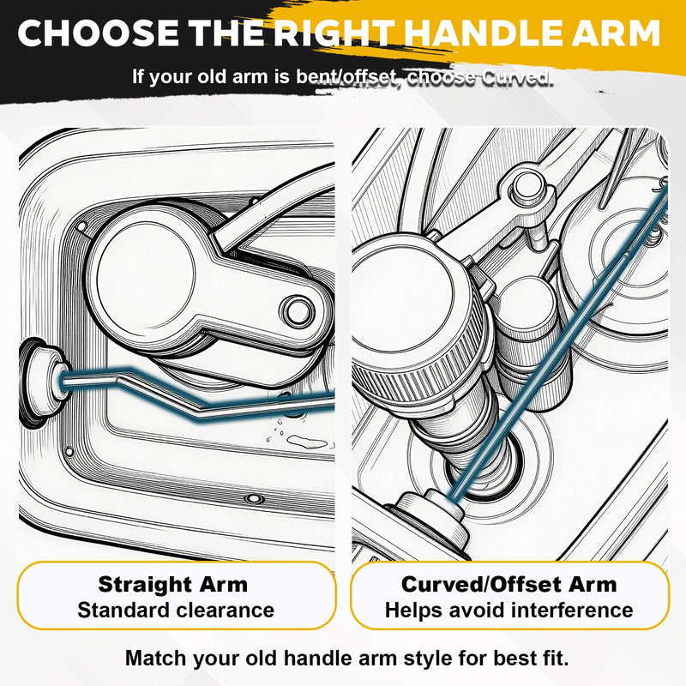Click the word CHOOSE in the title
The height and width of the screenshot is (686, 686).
(x=98, y=33)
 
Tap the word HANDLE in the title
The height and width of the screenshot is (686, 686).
(x=482, y=33)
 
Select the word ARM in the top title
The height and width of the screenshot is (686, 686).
(x=616, y=33)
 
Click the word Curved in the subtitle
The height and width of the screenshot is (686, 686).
(x=518, y=77)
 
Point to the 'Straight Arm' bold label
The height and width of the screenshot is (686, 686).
(x=173, y=585)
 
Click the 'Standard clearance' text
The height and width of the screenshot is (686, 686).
(x=176, y=610)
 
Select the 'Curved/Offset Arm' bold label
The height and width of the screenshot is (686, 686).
(x=508, y=585)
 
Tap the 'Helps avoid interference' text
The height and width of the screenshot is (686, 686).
(x=508, y=610)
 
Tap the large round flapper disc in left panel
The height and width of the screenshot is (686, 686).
(x=146, y=277)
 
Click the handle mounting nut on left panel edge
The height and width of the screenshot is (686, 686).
(x=41, y=382)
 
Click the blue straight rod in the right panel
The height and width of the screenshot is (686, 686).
(x=561, y=341)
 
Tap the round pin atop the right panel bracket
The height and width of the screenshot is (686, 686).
(x=527, y=187)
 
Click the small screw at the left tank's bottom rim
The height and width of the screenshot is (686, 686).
(x=253, y=498)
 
